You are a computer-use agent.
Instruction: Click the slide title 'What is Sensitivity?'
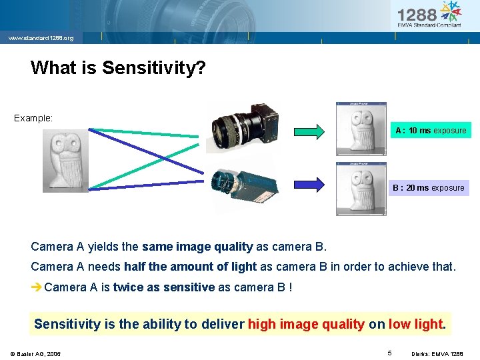pos(117,68)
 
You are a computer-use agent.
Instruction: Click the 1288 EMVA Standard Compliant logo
pos(429,15)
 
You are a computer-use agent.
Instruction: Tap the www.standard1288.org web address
pos(41,38)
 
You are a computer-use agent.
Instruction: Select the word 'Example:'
pos(33,118)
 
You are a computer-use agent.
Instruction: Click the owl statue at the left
pos(65,161)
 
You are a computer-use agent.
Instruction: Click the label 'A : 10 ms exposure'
pos(430,131)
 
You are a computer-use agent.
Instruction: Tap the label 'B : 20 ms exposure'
pos(428,188)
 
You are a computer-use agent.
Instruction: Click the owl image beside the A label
pos(361,131)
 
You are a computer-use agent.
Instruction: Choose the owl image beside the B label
pos(361,189)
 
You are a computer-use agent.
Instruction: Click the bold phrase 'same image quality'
pos(197,247)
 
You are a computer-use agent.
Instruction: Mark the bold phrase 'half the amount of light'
pos(190,267)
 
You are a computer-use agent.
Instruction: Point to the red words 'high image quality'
pos(306,324)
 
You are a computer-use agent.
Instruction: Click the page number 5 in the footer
pos(389,351)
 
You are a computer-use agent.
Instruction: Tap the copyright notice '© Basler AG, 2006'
pos(35,353)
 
